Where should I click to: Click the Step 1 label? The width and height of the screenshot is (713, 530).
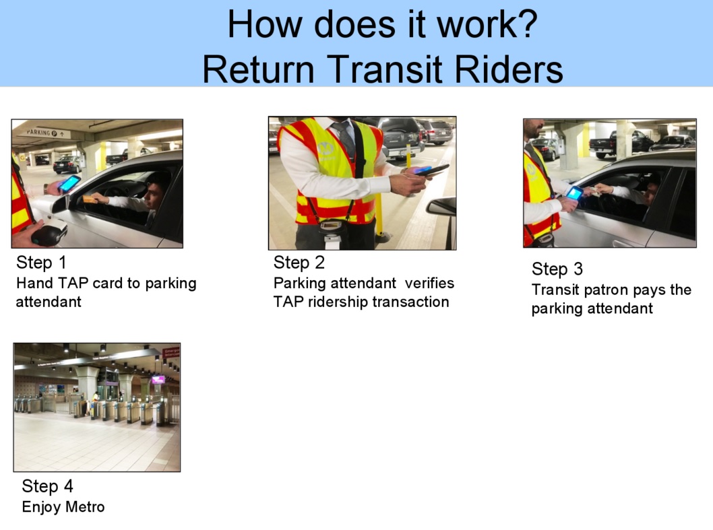tap(41, 262)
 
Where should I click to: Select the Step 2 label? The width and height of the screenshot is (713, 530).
tap(299, 262)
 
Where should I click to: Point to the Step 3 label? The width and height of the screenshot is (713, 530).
tap(557, 269)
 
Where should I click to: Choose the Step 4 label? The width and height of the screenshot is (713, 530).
tap(47, 486)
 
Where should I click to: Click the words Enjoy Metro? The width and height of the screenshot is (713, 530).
tap(63, 507)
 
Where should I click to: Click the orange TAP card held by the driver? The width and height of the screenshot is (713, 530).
tap(90, 199)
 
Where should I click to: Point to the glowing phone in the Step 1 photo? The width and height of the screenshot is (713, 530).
tap(69, 183)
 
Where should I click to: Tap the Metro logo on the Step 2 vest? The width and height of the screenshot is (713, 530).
tap(326, 150)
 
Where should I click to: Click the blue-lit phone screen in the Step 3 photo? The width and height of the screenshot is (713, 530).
tap(575, 193)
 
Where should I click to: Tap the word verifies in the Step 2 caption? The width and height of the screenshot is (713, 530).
tap(429, 283)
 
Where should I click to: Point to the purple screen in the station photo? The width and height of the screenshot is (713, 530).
tap(158, 380)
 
